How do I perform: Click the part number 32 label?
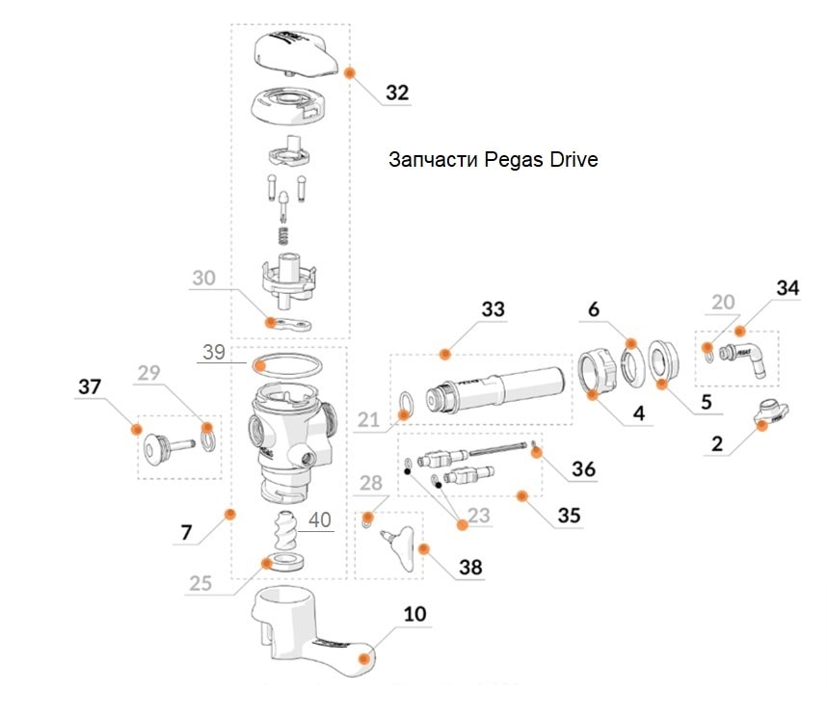click(396, 93)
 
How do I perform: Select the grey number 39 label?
click(214, 352)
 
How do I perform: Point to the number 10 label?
click(415, 613)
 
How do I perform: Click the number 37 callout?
click(89, 387)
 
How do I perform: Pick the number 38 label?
click(469, 567)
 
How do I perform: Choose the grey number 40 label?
click(319, 520)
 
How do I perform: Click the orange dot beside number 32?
click(349, 72)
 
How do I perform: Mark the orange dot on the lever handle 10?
click(363, 659)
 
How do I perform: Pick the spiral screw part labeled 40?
click(286, 530)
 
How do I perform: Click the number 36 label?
click(583, 469)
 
